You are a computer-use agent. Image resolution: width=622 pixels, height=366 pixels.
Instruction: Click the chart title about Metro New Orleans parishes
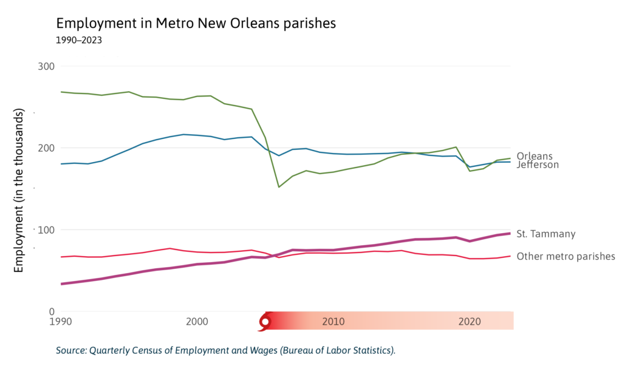196,24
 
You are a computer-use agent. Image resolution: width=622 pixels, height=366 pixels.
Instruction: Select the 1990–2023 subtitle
78,41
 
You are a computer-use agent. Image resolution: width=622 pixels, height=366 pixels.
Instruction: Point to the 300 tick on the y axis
46,66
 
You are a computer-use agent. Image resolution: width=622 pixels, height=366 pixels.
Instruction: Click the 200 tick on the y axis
46,148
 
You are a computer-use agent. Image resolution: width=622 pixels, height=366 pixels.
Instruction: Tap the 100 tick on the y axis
46,230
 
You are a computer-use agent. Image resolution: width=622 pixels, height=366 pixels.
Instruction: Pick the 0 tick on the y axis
51,311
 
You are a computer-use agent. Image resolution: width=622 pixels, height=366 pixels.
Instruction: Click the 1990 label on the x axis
60,320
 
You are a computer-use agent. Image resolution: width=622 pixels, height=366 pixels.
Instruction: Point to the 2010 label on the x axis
333,320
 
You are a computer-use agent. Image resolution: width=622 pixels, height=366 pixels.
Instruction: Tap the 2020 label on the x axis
470,320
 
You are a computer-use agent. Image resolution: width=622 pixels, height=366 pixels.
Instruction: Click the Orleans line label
535,156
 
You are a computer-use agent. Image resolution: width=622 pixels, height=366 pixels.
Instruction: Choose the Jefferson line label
538,164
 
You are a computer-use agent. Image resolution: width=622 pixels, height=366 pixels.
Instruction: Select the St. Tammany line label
545,234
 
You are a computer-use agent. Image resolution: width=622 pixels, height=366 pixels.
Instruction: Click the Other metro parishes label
566,256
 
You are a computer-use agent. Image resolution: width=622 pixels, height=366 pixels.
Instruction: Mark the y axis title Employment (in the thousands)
19,191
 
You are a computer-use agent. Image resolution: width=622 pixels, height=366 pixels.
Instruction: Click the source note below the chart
225,350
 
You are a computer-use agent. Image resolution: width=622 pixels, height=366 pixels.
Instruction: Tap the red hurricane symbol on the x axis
264,321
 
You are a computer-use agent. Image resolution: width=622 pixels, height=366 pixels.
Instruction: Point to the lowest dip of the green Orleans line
279,187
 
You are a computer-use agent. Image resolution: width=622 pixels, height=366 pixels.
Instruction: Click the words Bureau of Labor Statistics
342,350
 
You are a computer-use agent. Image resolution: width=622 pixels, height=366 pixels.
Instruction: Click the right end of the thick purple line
509,234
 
